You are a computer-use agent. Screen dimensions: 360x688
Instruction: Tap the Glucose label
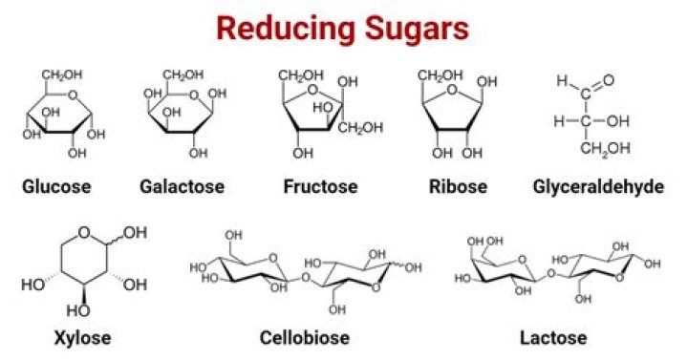tap(56, 185)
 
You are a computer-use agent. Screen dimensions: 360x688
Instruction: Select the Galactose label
tap(182, 185)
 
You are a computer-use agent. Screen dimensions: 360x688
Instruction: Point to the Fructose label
tap(320, 185)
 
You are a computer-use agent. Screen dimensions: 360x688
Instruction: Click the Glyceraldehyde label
tap(598, 185)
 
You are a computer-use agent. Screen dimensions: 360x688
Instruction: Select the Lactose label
tap(552, 337)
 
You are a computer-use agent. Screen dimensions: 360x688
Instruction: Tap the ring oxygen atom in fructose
tap(316, 93)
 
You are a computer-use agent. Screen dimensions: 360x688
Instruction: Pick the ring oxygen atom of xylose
tap(85, 232)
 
